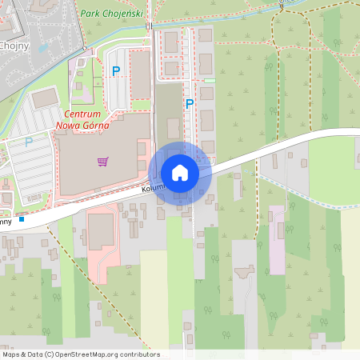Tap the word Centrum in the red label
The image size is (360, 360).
(x=82, y=114)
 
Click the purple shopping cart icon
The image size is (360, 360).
(x=102, y=162)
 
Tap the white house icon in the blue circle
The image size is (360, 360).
(x=180, y=173)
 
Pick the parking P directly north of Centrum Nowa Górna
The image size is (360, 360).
(x=116, y=71)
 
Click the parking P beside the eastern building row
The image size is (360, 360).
(x=190, y=103)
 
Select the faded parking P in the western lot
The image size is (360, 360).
(x=29, y=142)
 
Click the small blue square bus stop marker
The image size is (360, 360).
(x=22, y=219)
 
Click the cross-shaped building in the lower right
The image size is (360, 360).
(x=244, y=272)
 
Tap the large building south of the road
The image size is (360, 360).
(x=102, y=231)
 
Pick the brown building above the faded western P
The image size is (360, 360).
(x=46, y=98)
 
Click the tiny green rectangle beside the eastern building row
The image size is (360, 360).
(x=210, y=81)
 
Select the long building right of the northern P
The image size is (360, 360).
(x=142, y=77)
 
